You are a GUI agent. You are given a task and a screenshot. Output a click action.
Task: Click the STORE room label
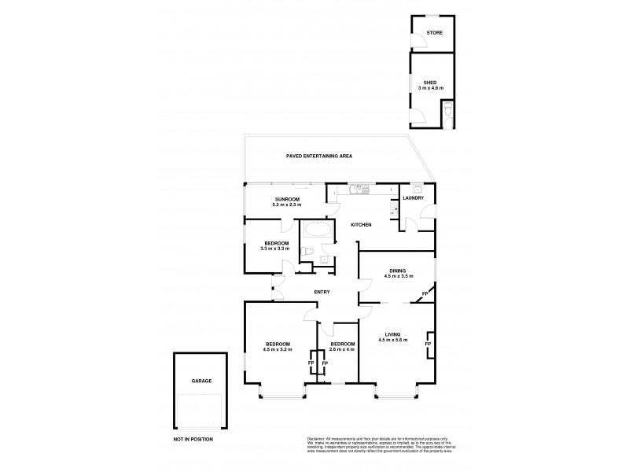point(434,33)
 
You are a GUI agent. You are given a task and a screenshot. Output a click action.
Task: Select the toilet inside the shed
point(447,112)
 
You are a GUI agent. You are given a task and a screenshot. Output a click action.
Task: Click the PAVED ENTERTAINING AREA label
point(318,157)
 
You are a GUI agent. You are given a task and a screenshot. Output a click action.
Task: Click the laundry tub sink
point(416,189)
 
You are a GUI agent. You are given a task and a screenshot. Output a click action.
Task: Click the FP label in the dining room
point(425,294)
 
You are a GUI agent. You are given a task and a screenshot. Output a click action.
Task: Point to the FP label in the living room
point(427,345)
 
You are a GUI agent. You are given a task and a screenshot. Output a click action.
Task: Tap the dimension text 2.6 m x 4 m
point(343,349)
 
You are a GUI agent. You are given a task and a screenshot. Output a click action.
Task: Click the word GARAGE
point(200,381)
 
